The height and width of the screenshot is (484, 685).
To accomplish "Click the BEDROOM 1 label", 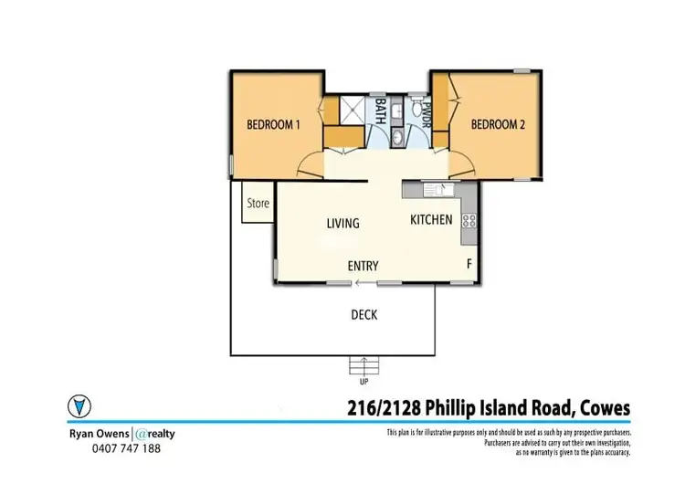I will tap(273, 125).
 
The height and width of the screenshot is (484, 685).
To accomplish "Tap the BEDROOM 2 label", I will tap(498, 125).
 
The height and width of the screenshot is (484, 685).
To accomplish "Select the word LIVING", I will tap(343, 223).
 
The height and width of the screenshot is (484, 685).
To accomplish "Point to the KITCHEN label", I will tap(431, 220).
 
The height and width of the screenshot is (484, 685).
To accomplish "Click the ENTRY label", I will tap(363, 266).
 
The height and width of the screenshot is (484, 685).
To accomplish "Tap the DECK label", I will tap(364, 315).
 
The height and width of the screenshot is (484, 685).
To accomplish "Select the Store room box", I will tap(258, 204).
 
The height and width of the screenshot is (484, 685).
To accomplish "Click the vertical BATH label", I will tap(381, 110).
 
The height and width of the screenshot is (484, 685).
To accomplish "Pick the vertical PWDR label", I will tap(426, 111).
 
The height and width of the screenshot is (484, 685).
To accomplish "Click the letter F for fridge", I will tap(469, 265).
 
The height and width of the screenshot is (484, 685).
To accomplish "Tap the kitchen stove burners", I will tap(469, 220).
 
